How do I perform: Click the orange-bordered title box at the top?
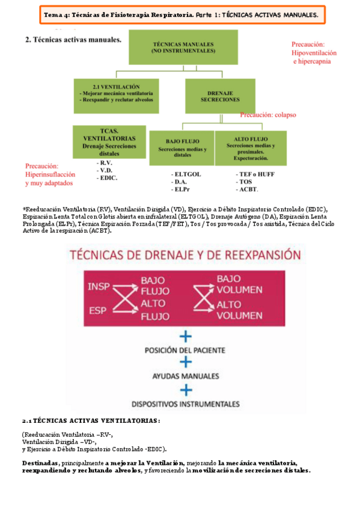click(183, 14)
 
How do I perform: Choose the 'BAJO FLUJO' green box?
click(182, 147)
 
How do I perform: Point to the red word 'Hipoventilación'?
click(314, 53)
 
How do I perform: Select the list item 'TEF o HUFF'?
click(253, 174)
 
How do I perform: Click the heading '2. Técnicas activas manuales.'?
click(73, 40)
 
